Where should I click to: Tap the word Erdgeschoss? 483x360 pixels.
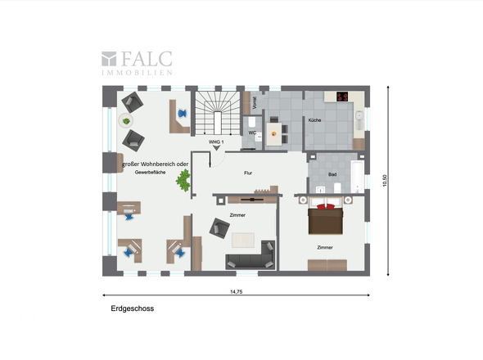(133, 309)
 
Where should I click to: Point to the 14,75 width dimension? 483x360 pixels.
(237, 291)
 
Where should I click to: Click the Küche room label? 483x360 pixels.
(314, 120)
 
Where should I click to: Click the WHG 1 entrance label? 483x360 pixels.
(216, 142)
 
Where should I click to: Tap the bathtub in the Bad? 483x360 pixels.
(356, 176)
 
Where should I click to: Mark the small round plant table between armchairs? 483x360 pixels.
(126, 121)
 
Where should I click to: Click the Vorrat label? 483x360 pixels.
(255, 103)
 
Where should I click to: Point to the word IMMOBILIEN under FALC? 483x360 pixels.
(137, 73)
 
